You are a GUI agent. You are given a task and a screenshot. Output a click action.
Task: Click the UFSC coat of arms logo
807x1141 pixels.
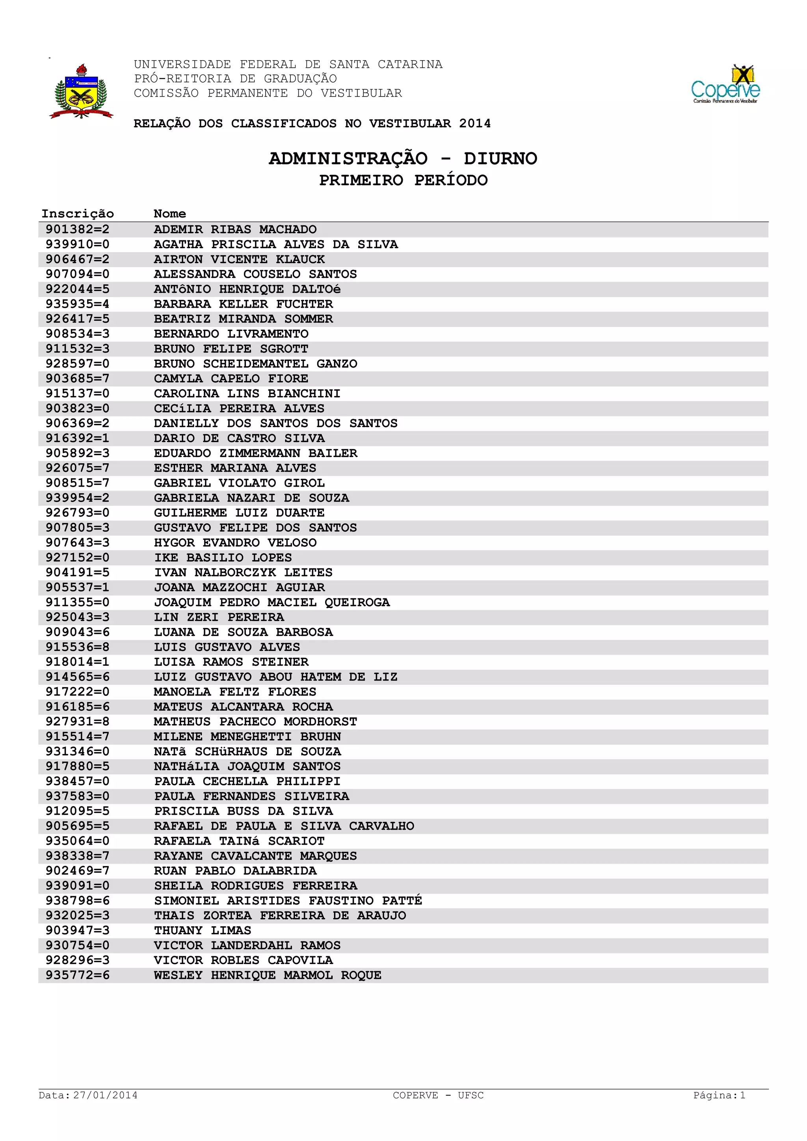[81, 91]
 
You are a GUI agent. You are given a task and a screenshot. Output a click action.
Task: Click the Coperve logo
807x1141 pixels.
[725, 84]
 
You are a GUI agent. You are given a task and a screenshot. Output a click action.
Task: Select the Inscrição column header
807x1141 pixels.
[78, 214]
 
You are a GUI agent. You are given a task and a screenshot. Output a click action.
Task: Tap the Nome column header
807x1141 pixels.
[169, 214]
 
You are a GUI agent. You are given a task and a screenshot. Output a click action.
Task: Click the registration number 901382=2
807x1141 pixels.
[78, 230]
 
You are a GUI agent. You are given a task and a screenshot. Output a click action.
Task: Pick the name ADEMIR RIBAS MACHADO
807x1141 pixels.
[235, 230]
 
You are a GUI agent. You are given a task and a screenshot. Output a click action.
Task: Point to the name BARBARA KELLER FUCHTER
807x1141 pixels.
[243, 304]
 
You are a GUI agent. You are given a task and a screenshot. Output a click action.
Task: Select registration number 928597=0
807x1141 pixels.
[78, 364]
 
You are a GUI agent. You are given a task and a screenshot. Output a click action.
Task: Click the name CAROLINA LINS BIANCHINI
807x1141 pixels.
[247, 394]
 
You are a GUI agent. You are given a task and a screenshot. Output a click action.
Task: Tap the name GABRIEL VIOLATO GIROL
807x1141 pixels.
[239, 483]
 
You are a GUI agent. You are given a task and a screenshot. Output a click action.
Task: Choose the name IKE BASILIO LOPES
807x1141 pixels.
[223, 557]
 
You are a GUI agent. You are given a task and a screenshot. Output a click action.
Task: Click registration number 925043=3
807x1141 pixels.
[78, 617]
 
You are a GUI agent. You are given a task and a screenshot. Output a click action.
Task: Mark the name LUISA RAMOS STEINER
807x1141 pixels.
[231, 662]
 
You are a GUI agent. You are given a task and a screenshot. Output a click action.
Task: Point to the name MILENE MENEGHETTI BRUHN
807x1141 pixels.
[247, 736]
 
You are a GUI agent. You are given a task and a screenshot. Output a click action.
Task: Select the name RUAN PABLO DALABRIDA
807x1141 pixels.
[235, 871]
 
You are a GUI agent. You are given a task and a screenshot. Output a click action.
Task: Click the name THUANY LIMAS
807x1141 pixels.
[202, 930]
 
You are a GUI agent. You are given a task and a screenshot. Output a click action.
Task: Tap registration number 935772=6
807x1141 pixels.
[78, 975]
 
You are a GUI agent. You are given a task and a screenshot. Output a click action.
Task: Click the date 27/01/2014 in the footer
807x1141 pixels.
[105, 1095]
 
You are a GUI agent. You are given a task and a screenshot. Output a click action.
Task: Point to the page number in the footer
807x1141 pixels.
[719, 1095]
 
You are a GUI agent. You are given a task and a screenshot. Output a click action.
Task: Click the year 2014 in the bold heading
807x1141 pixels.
[474, 123]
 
